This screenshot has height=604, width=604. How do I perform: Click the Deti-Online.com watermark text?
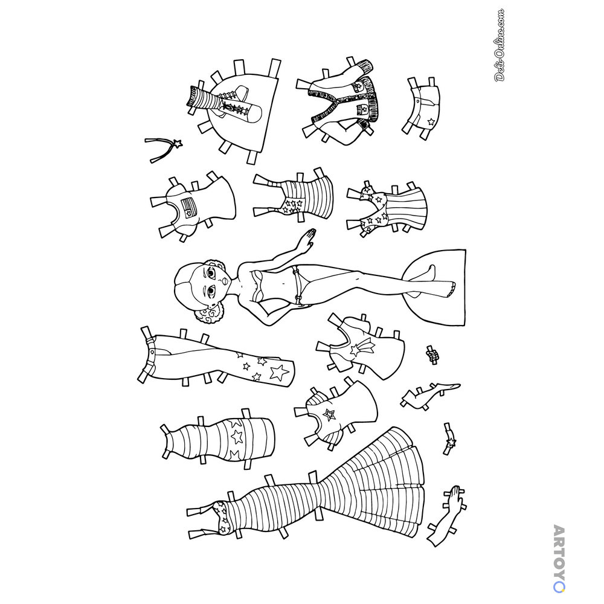coord(500,45)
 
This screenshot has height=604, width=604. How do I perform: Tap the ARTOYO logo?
coord(559,558)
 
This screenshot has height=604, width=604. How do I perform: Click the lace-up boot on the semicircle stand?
coord(225,103)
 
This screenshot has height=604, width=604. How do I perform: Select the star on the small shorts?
coord(431,122)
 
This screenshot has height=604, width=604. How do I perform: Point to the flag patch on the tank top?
coord(188,208)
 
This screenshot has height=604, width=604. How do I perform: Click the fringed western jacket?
coord(343,102)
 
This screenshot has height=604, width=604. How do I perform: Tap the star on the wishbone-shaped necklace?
coord(178,144)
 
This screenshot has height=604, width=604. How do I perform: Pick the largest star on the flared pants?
coord(279,372)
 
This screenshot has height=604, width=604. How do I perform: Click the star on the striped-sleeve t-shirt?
coord(329,415)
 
